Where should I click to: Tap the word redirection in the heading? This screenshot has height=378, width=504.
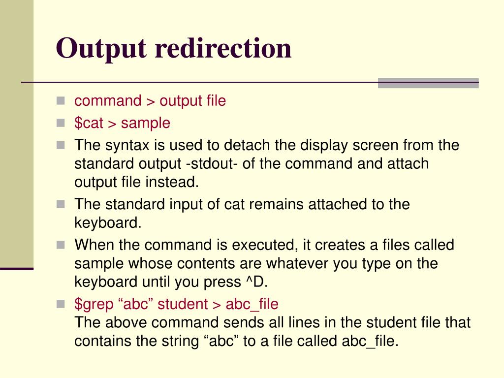click(x=223, y=48)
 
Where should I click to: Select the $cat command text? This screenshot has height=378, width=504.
click(x=89, y=123)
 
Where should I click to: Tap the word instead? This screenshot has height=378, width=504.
click(x=172, y=182)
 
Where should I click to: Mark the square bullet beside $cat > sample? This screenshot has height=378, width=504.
click(x=61, y=122)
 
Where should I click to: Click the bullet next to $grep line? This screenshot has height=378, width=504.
click(x=61, y=303)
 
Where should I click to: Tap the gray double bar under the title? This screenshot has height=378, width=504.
click(x=428, y=83)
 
